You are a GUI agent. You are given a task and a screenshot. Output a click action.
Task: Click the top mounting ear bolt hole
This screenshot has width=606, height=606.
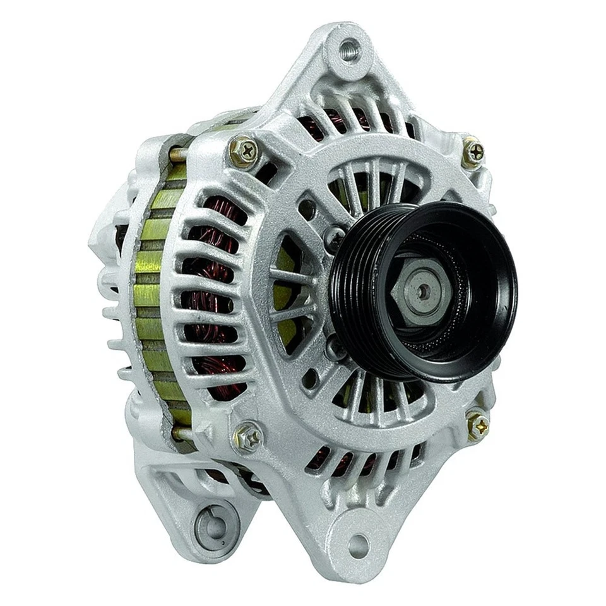[x=349, y=50]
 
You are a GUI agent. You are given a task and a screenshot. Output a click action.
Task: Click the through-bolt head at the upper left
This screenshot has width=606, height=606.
[x=243, y=151]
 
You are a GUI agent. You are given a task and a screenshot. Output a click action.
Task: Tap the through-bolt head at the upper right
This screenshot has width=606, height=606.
[x=474, y=151]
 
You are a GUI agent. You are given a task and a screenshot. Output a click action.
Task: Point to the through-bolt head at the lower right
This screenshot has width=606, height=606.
[x=478, y=425]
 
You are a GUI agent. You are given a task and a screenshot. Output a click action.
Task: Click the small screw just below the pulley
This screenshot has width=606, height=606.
[x=334, y=345]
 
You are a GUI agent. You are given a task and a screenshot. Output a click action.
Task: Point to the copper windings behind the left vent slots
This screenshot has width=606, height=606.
[x=215, y=297]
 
